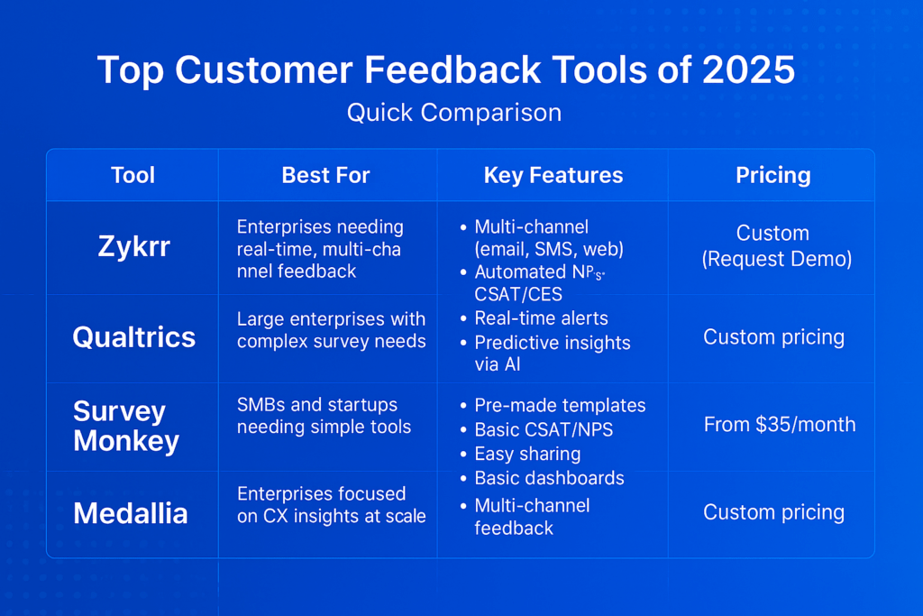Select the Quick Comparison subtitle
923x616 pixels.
coord(454,113)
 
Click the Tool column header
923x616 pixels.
coord(133,175)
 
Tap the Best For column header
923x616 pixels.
coord(325,175)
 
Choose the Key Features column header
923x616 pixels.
coord(553,175)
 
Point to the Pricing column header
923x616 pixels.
coord(772,176)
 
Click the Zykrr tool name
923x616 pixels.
coord(134,246)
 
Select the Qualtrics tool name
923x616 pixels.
coord(134,337)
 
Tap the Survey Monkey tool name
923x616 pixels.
coord(126,426)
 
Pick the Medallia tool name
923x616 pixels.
coord(131,513)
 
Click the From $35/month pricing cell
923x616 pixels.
coord(780,424)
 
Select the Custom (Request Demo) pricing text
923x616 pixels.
coord(776,246)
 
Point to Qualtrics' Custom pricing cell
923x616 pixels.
coord(773,337)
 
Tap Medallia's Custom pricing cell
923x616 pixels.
coord(773,512)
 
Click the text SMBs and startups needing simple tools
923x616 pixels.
coord(324,416)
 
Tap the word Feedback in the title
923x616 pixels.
coord(452,70)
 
